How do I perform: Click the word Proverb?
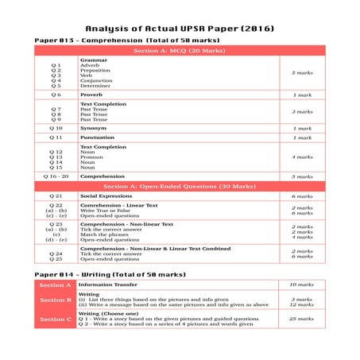(92, 95)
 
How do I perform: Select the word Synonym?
(94, 128)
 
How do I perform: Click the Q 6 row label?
(56, 95)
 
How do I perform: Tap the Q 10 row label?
(56, 128)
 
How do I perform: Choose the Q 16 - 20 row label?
(56, 176)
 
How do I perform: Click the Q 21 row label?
(56, 195)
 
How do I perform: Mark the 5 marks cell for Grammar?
(302, 72)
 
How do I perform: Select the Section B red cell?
(56, 300)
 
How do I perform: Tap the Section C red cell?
(56, 319)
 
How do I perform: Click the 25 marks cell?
(302, 319)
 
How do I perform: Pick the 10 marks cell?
(302, 285)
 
